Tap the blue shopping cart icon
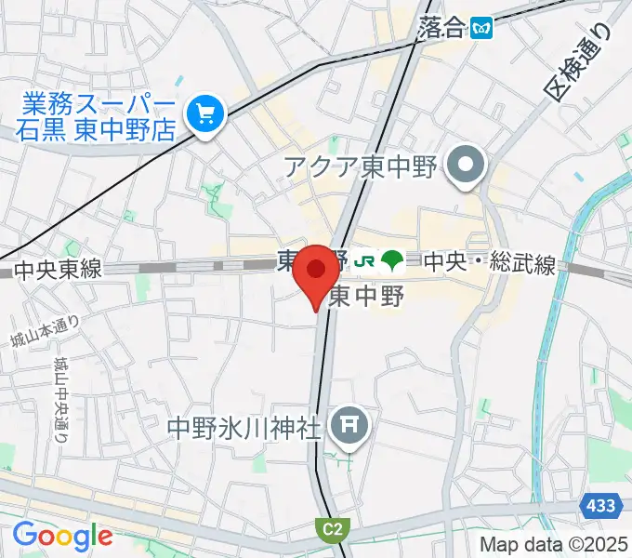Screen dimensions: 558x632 tap(203, 116)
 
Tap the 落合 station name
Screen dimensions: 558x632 tap(441, 27)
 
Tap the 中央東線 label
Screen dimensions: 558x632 tap(58, 271)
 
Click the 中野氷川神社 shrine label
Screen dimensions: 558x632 tap(244, 428)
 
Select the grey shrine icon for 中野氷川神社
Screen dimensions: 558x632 tap(352, 427)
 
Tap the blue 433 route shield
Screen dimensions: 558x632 tap(600, 505)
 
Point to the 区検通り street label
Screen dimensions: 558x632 tap(580, 63)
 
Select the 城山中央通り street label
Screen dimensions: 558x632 tap(60, 400)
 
